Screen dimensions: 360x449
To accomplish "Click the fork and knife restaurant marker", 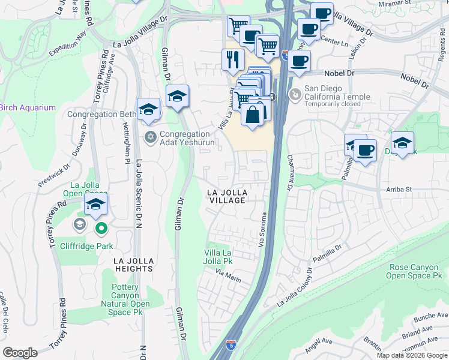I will pyautogui.click(x=232, y=59).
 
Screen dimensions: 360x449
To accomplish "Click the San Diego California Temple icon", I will pyautogui.click(x=294, y=95).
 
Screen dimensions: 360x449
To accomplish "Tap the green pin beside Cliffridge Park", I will pyautogui.click(x=101, y=228).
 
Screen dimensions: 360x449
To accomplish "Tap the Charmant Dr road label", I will pyautogui.click(x=289, y=173).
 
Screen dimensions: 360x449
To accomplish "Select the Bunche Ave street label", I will pyautogui.click(x=430, y=314).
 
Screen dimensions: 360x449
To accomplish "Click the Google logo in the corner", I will pyautogui.click(x=20, y=353).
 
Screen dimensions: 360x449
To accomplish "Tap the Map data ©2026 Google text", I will pyautogui.click(x=412, y=355).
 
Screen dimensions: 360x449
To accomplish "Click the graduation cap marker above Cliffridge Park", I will pyautogui.click(x=95, y=205).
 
